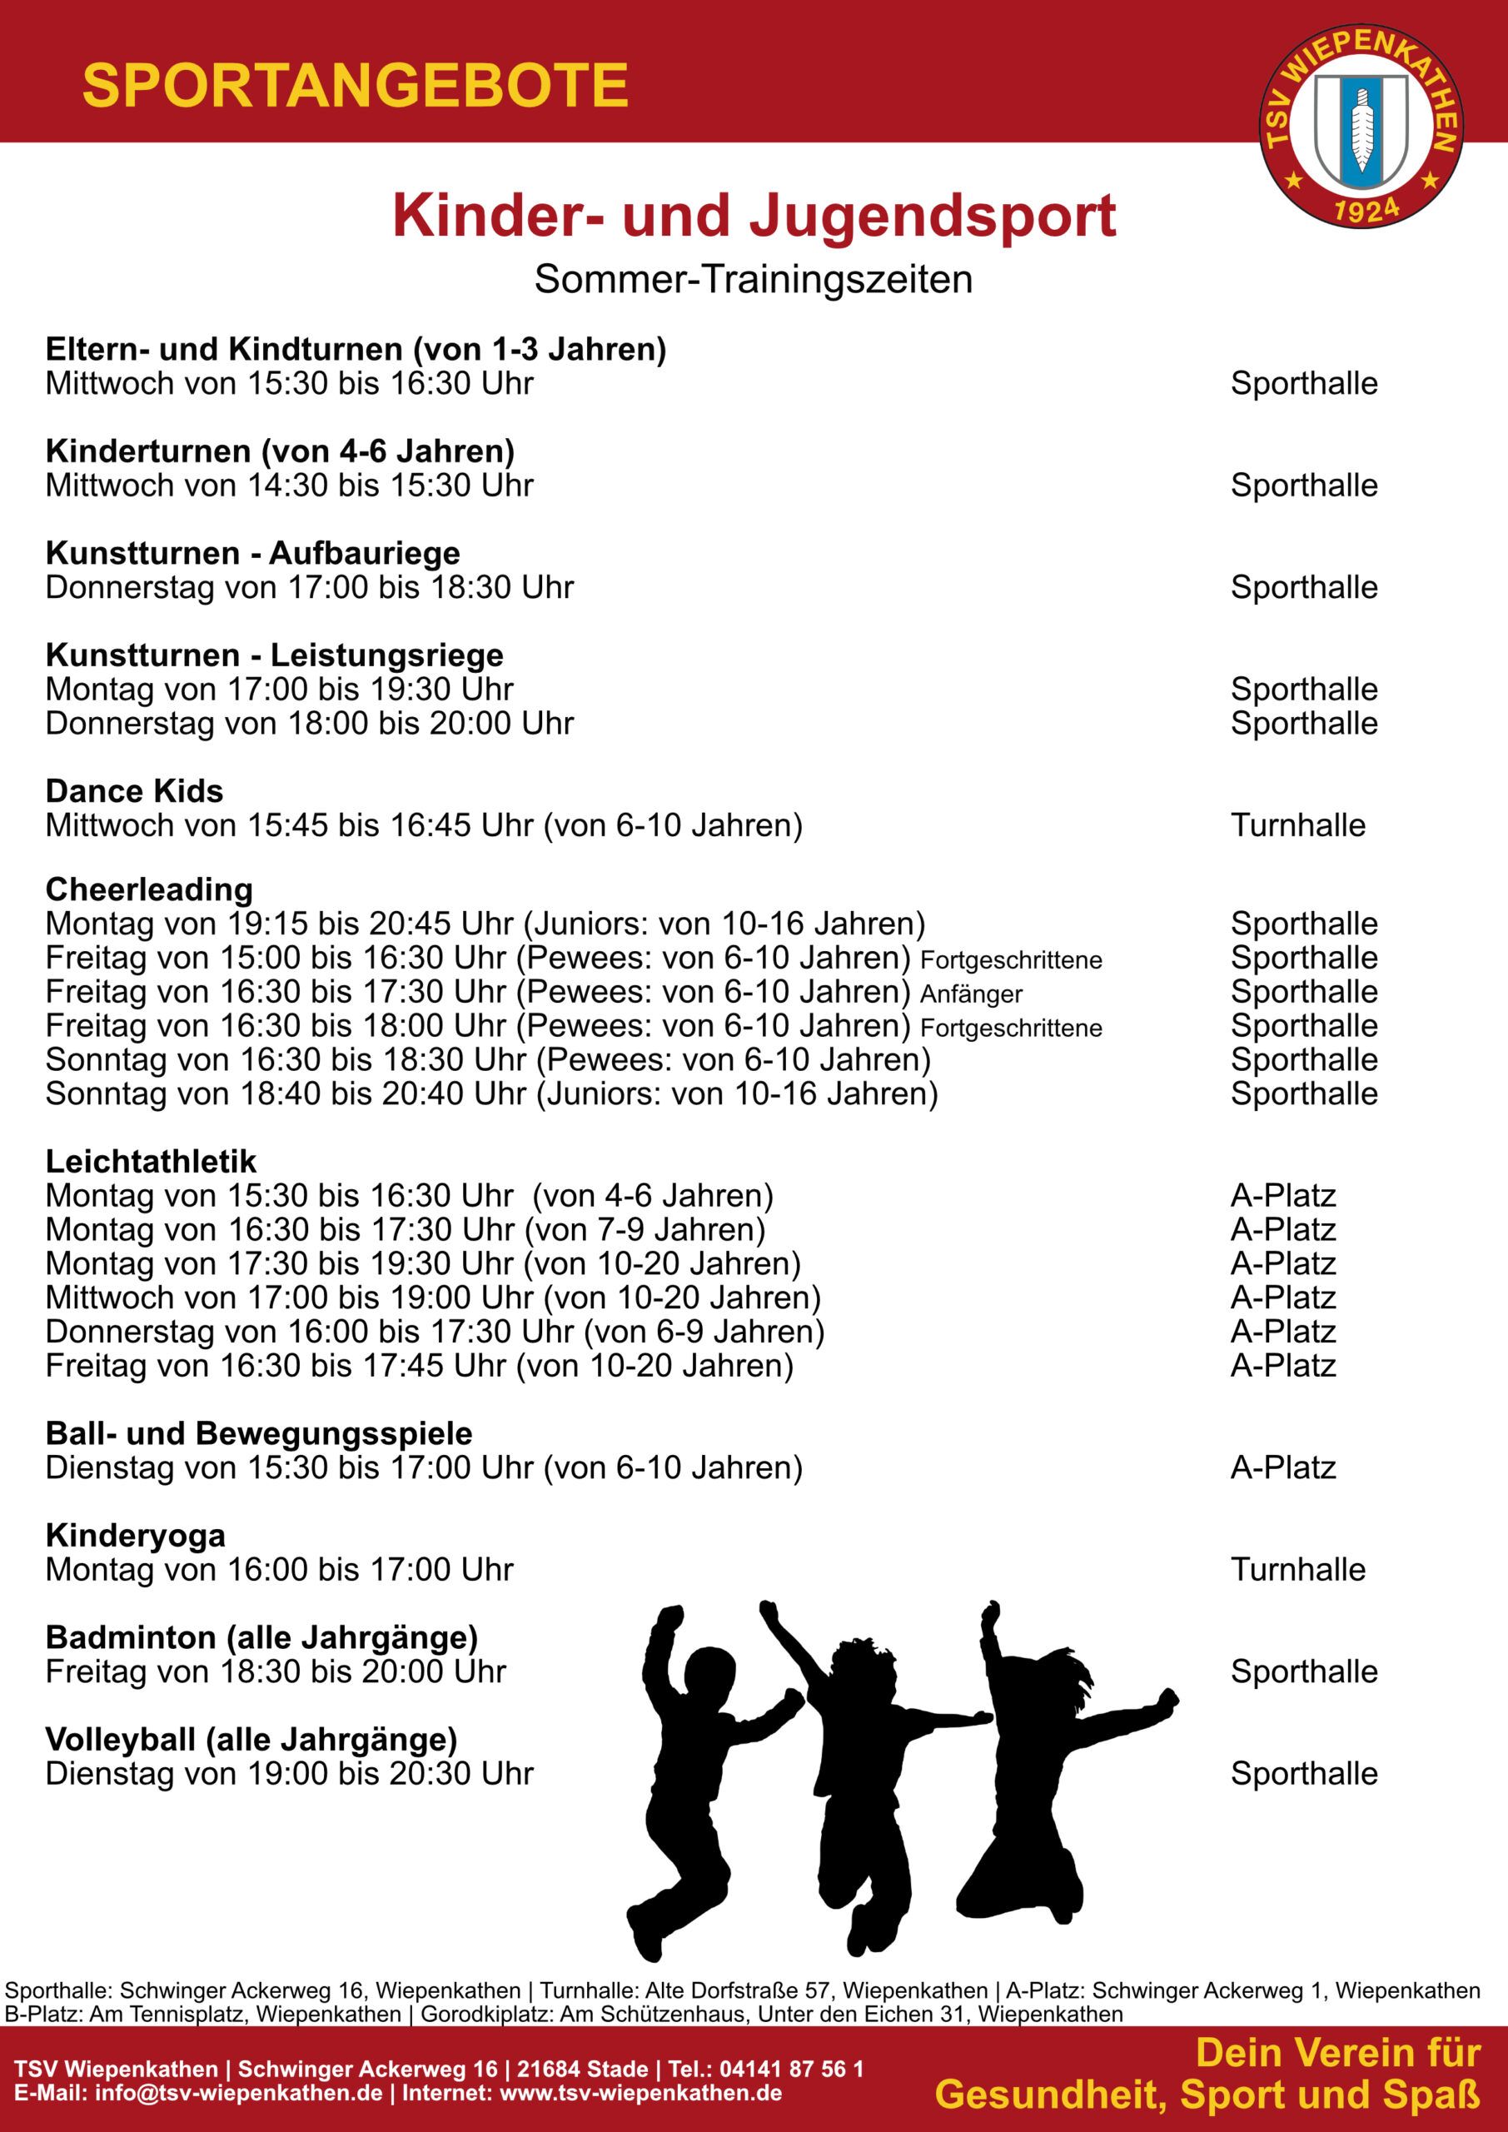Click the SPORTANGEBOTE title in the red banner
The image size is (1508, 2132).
click(356, 87)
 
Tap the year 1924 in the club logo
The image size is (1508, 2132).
click(1366, 210)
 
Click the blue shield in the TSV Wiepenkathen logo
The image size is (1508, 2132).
click(1361, 128)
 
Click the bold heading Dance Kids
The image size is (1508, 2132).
click(135, 791)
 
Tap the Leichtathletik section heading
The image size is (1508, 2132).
click(152, 1162)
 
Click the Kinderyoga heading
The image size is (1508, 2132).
click(136, 1536)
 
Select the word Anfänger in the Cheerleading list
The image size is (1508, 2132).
click(971, 994)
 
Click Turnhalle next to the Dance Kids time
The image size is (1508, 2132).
click(1298, 824)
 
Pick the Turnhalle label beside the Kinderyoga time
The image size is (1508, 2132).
click(1298, 1569)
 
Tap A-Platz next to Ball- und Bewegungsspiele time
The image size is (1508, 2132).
click(1283, 1467)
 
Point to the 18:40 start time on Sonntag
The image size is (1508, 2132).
click(280, 1093)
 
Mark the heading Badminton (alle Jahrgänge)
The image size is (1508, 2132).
click(261, 1637)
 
